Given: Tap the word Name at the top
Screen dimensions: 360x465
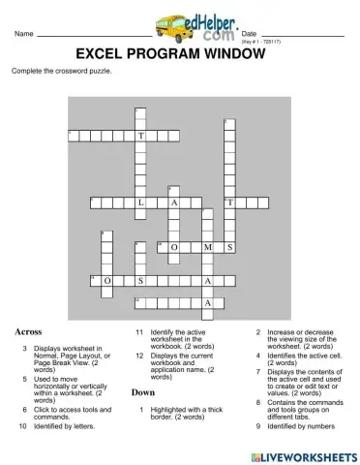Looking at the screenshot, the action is pyautogui.click(x=24, y=35).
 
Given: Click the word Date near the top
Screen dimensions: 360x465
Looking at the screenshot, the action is pyautogui.click(x=249, y=34).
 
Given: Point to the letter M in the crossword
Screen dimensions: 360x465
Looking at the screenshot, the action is pyautogui.click(x=208, y=248).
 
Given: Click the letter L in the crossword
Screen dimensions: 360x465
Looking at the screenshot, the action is pyautogui.click(x=141, y=203).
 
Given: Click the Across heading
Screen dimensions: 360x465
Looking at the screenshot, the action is pyautogui.click(x=28, y=331).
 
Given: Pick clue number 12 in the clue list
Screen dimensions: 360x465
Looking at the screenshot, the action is pyautogui.click(x=139, y=356).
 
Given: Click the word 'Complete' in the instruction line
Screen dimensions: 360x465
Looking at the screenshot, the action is pyautogui.click(x=26, y=72).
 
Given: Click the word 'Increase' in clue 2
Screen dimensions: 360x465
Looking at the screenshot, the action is pyautogui.click(x=282, y=332).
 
